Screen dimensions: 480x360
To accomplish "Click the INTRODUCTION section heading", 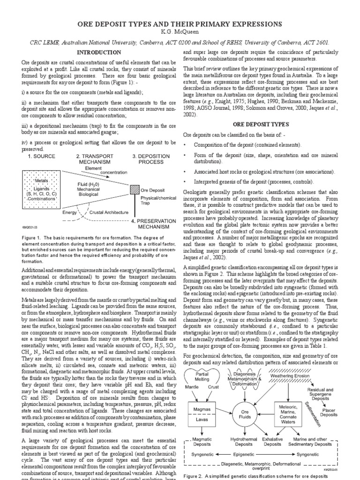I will pyautogui.click(x=98, y=52).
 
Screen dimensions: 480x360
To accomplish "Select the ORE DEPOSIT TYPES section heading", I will pyautogui.click(x=261, y=124).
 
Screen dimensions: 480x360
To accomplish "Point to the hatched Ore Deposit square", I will pyautogui.click(x=134, y=190).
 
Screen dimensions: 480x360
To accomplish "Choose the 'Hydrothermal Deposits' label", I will pyautogui.click(x=244, y=442).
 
